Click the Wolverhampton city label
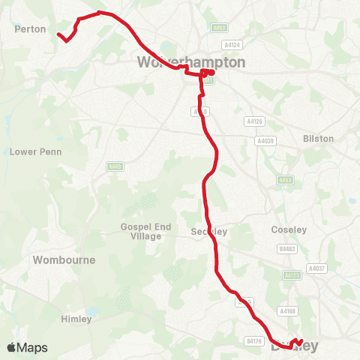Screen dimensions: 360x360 click(191, 62)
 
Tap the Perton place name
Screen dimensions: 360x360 click(31, 29)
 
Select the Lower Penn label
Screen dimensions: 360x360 click(35, 151)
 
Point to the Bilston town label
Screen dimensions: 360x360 click(318, 139)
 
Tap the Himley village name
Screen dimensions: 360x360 click(76, 319)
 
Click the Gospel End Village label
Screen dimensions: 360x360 click(141, 231)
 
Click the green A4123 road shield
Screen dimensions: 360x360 click(292, 276)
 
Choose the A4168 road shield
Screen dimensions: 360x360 click(287, 310)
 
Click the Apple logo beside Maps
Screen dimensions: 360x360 click(12, 347)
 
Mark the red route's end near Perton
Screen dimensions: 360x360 click(58, 34)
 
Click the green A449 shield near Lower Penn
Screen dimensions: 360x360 click(115, 166)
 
